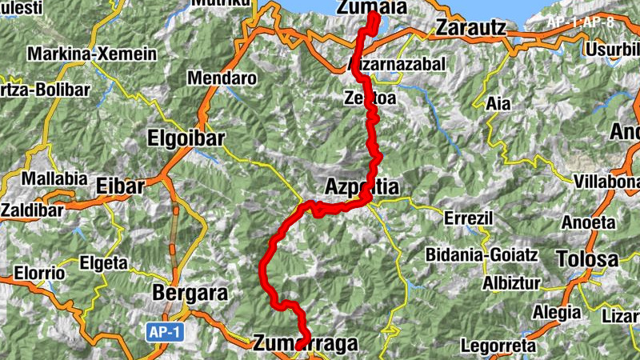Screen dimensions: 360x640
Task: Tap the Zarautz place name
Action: click(472, 28)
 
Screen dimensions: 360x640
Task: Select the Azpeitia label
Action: click(362, 187)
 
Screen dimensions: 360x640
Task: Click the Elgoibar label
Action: click(186, 138)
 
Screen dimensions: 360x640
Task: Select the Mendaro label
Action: click(222, 79)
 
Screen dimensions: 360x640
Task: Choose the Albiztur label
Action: click(512, 283)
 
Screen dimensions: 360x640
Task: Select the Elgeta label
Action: click(103, 262)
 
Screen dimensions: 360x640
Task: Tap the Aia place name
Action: click(498, 102)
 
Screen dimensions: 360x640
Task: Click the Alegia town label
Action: click(558, 312)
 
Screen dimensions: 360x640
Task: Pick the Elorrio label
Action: click(39, 272)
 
